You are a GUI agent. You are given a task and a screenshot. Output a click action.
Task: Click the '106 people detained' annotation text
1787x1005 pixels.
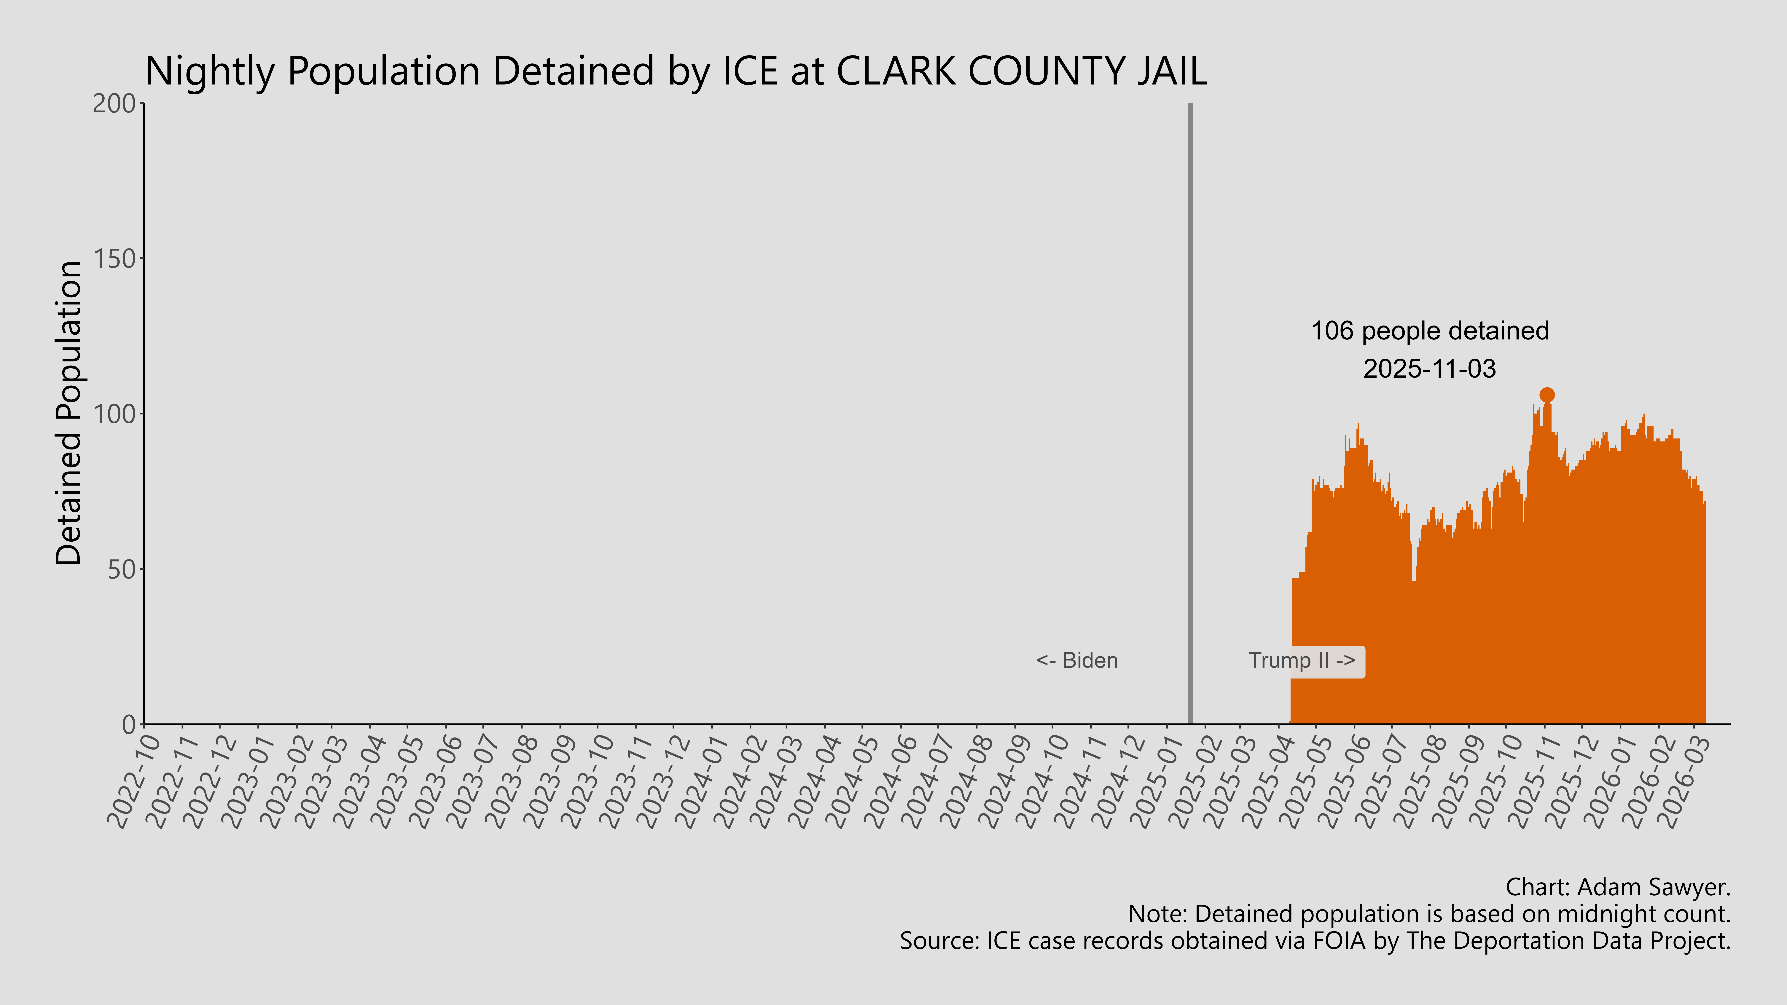pyautogui.click(x=1430, y=331)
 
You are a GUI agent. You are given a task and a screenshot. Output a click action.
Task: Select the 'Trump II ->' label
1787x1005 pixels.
pyautogui.click(x=1301, y=660)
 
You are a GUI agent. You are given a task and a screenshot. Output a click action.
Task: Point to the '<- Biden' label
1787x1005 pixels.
pyautogui.click(x=1077, y=660)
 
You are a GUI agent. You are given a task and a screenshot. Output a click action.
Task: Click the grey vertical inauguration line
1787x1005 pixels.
pyautogui.click(x=1190, y=416)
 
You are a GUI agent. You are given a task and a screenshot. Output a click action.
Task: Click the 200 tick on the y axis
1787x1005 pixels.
pyautogui.click(x=114, y=103)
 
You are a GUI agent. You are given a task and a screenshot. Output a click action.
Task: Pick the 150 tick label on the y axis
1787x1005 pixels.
pyautogui.click(x=114, y=259)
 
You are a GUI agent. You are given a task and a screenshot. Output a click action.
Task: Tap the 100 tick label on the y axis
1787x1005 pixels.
pyautogui.click(x=114, y=414)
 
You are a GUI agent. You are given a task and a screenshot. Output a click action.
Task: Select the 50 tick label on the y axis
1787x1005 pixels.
pyautogui.click(x=121, y=569)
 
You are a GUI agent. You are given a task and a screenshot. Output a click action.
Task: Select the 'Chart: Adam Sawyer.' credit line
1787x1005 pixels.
pyautogui.click(x=1618, y=887)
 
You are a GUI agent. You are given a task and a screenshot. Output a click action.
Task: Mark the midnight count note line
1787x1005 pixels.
pyautogui.click(x=1429, y=914)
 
